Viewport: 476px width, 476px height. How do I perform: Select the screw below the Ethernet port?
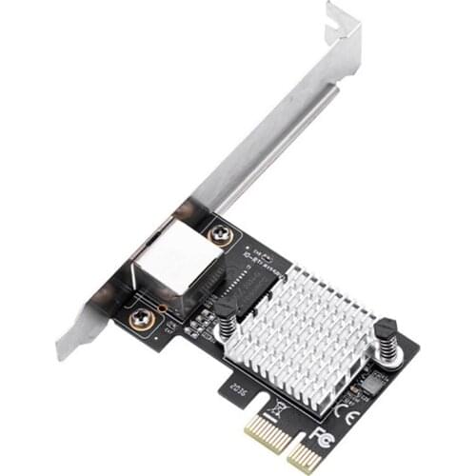[x=141, y=319]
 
